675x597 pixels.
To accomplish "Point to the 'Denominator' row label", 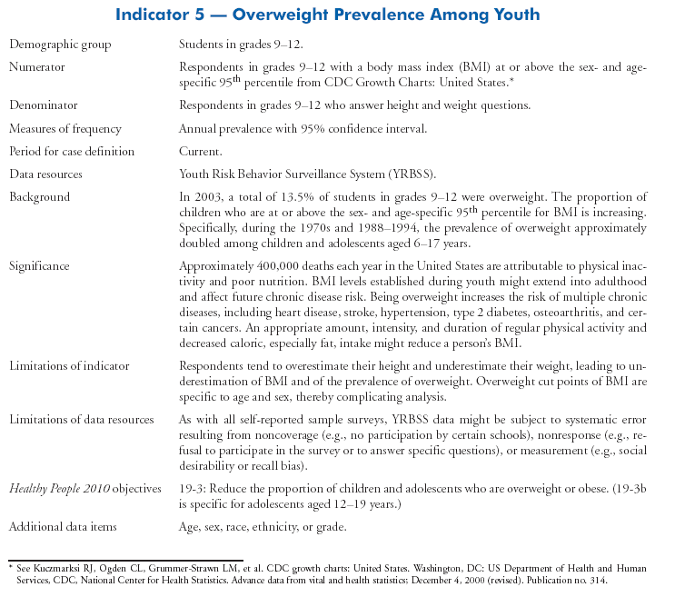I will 43,106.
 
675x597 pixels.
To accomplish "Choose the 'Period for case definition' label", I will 71,151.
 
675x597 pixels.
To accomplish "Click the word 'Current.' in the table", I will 201,151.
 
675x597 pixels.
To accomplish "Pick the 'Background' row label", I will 39,196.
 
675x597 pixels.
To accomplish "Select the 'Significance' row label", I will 40,266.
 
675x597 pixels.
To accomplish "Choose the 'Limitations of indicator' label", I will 69,366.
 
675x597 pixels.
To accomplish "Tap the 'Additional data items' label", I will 63,527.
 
